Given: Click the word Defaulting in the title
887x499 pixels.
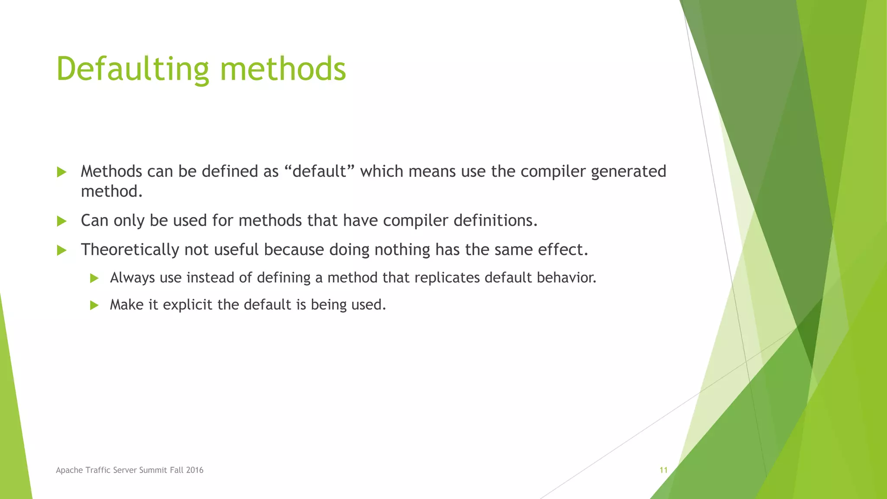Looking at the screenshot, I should pos(132,69).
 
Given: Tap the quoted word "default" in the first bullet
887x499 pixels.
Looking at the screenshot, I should pos(320,172).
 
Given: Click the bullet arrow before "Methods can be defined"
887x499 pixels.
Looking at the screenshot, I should pos(62,172).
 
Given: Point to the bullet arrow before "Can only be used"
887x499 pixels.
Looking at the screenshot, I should pos(62,221).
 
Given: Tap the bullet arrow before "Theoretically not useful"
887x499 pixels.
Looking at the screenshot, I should pos(62,250).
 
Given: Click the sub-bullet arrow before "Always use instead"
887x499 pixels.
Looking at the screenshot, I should pos(94,278).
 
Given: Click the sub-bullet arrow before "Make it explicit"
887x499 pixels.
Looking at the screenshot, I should pos(94,305).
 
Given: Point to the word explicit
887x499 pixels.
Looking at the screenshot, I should pos(188,305).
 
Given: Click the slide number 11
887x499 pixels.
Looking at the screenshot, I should pos(663,470).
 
